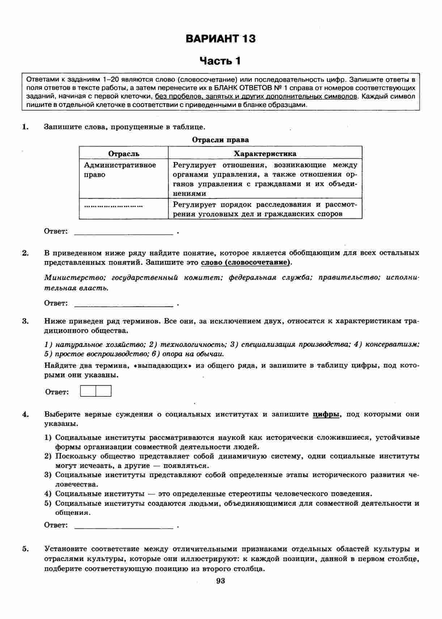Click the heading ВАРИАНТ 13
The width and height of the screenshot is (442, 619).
tap(220, 39)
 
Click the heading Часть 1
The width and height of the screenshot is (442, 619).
tap(220, 61)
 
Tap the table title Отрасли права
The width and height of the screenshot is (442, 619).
tap(220, 140)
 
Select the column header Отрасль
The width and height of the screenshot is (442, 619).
tap(124, 154)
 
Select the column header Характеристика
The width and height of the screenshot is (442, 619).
tap(265, 154)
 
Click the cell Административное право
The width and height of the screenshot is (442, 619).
tap(120, 170)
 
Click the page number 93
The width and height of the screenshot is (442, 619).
tap(220, 581)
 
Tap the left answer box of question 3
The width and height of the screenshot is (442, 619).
tap(88, 391)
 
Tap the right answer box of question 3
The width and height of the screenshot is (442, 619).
tap(103, 391)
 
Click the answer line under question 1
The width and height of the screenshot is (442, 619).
tap(123, 232)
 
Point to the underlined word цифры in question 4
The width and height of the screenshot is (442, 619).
tap(326, 414)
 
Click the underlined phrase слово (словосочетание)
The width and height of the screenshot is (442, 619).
tap(246, 262)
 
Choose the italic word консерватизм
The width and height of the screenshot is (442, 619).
tap(392, 344)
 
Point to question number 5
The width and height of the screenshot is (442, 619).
tap(25, 549)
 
